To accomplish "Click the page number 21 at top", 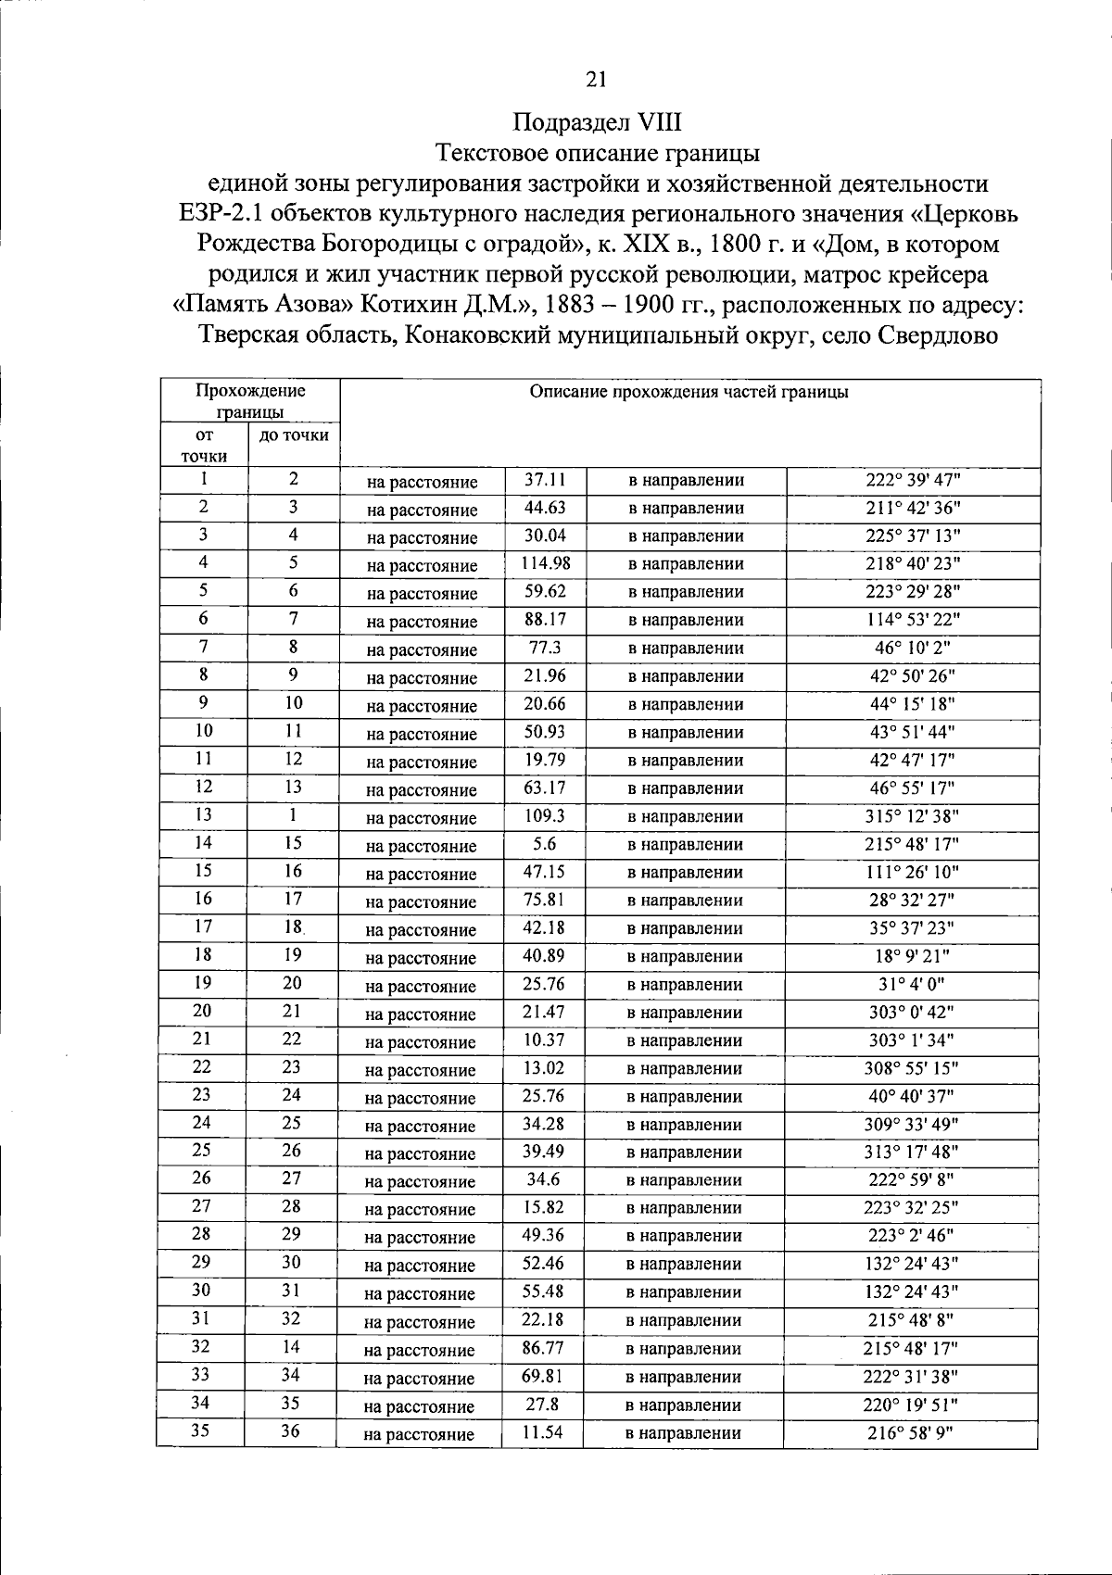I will tap(596, 81).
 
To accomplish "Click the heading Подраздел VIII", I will tap(598, 121).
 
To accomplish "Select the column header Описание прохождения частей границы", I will tap(689, 392).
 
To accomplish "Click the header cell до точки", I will tap(294, 435).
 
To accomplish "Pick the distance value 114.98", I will tap(545, 563).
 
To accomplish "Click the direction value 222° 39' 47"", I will tap(912, 480).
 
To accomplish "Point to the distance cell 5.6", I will tap(544, 844).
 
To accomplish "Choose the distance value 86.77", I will tap(543, 1348).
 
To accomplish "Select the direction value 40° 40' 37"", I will tap(912, 1096).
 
